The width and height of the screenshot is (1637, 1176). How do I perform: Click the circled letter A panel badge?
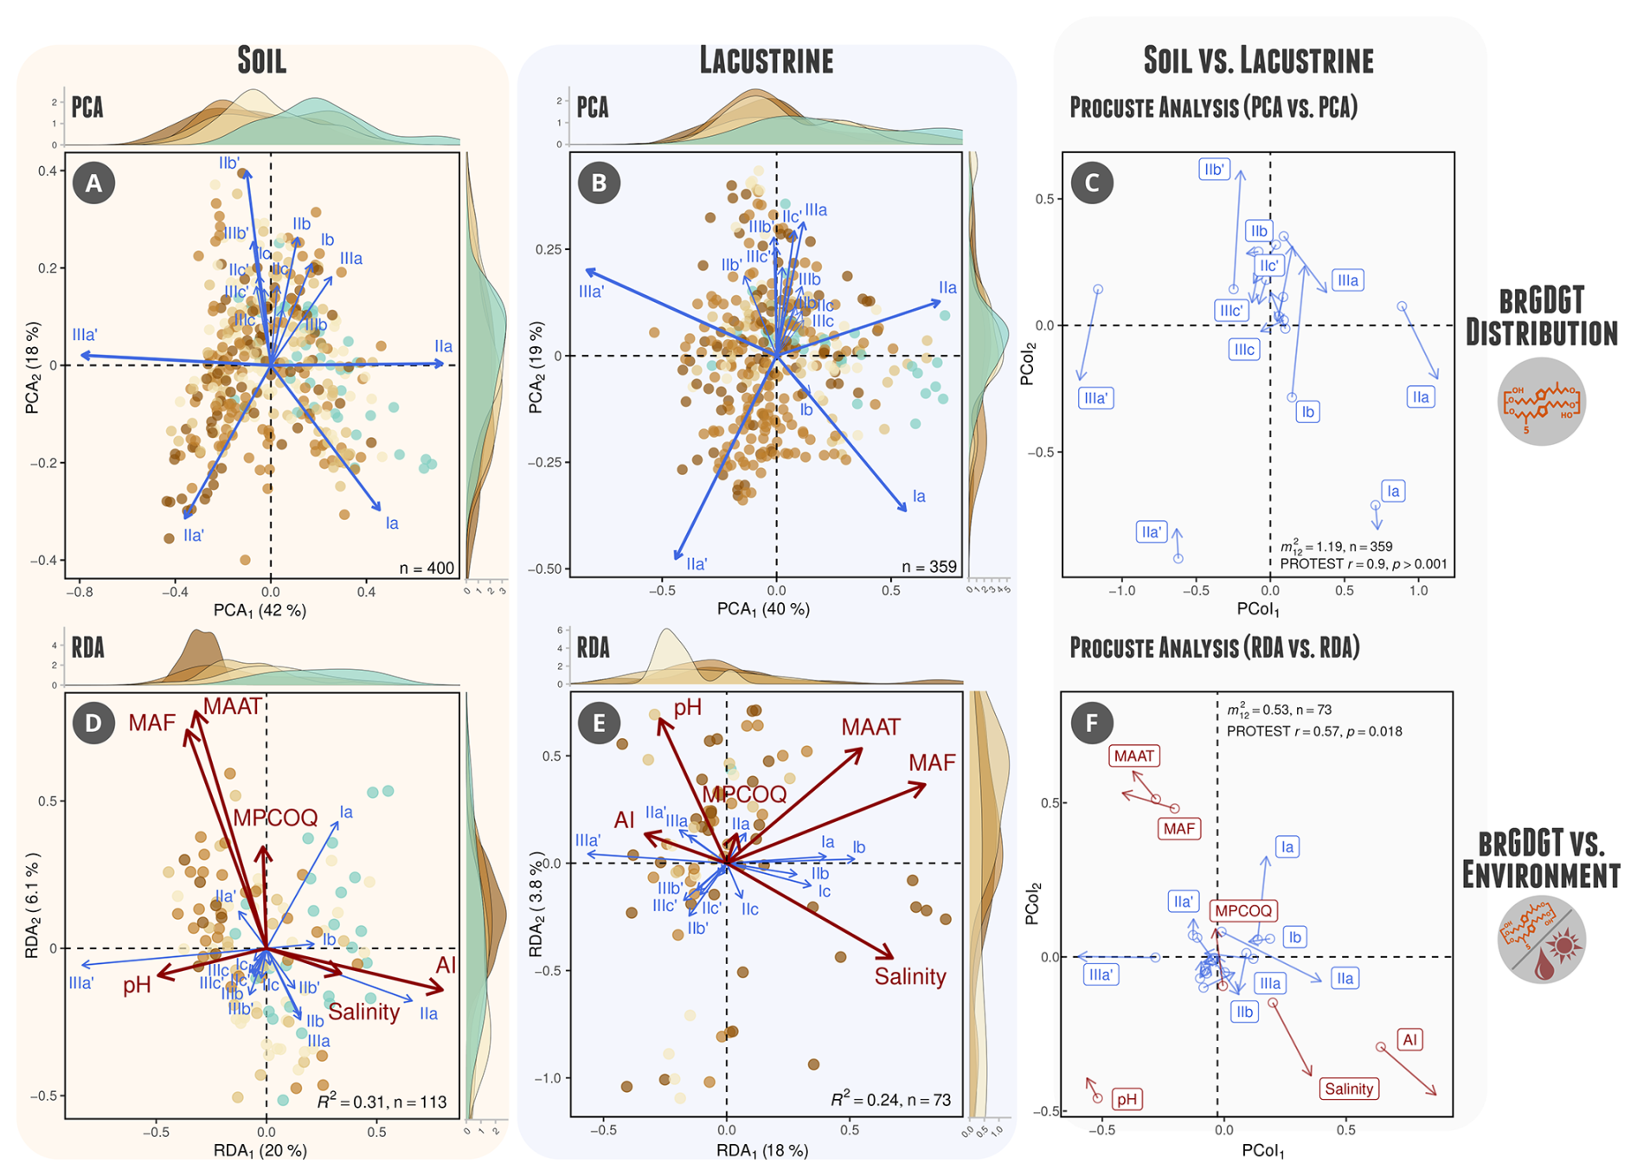click(x=94, y=183)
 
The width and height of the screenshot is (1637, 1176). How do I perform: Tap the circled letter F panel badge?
click(x=1092, y=723)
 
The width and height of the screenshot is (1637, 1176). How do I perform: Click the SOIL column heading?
click(x=261, y=61)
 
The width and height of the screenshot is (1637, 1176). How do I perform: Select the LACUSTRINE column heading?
click(x=766, y=61)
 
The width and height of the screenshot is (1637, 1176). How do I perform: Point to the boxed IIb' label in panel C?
click(x=1214, y=169)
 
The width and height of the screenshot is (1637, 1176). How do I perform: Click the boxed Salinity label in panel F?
click(x=1348, y=1089)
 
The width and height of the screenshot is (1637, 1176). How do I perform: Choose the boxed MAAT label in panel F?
click(x=1133, y=755)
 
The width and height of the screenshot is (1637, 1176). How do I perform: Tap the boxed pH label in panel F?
click(x=1127, y=1099)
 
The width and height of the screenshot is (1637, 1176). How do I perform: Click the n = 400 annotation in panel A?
click(x=427, y=568)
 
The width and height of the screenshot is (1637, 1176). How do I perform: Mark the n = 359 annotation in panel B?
click(x=928, y=567)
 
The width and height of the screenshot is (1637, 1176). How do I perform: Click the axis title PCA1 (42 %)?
click(x=260, y=610)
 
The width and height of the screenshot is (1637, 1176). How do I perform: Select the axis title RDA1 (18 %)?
click(x=762, y=1150)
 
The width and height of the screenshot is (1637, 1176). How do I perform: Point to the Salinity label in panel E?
click(x=910, y=976)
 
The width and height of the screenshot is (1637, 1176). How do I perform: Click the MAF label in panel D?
click(x=151, y=723)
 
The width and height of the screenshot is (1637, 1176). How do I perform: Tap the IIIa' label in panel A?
click(x=85, y=335)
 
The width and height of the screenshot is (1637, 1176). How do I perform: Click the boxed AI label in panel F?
click(x=1409, y=1039)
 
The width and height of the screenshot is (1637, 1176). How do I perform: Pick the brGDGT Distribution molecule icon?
click(x=1541, y=402)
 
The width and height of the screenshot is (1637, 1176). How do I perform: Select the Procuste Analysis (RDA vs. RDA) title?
click(x=1214, y=647)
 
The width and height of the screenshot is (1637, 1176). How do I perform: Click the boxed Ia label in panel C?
click(x=1393, y=491)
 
